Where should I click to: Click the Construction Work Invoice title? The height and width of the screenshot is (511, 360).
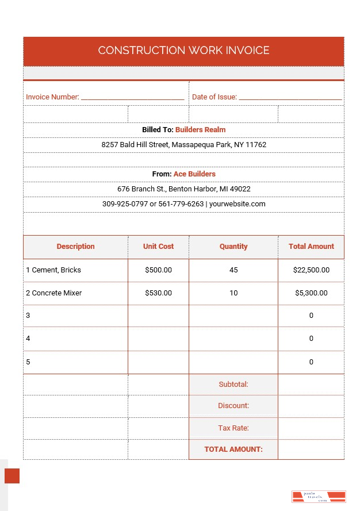click(183, 51)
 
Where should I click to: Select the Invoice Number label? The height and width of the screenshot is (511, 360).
click(52, 97)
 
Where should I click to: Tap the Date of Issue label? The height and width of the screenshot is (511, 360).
click(215, 97)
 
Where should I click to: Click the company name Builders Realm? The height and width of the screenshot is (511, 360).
click(200, 130)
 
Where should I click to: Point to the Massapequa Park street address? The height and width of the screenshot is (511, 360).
click(183, 145)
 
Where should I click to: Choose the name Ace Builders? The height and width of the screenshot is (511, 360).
click(194, 174)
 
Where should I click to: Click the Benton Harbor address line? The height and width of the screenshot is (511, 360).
click(183, 189)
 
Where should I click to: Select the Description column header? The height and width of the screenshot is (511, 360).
click(75, 247)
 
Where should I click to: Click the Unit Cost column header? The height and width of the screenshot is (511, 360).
click(158, 247)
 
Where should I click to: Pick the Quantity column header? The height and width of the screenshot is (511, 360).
click(233, 247)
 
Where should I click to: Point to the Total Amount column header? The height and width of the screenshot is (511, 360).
click(311, 247)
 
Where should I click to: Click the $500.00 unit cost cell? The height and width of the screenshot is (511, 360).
click(158, 270)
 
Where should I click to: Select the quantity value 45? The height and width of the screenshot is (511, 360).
click(233, 270)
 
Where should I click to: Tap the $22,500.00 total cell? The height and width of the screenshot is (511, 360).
click(311, 270)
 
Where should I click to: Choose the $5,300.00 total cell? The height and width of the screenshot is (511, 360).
click(311, 293)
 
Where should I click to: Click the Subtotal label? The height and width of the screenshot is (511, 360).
click(233, 384)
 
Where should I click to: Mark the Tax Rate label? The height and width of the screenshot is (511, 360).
click(233, 428)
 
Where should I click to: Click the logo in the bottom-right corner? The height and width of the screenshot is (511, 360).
click(318, 497)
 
